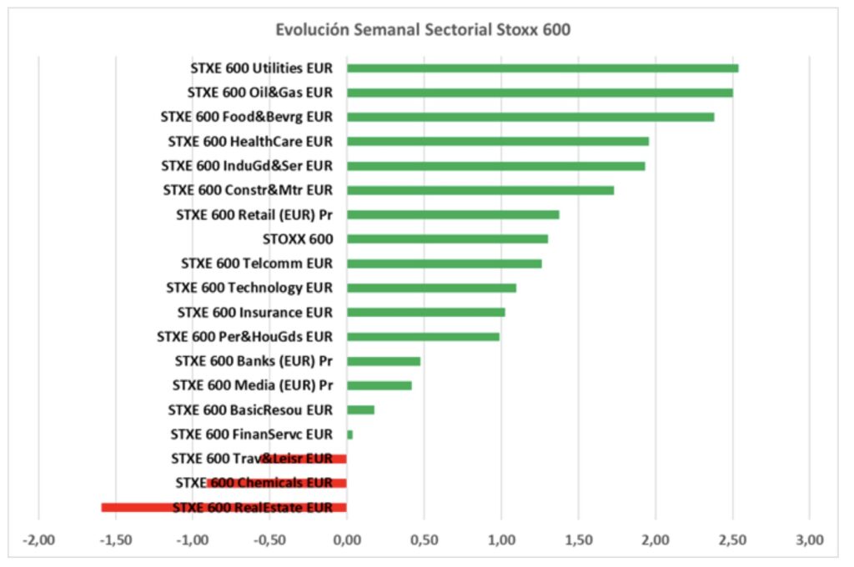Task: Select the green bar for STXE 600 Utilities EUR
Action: (x=542, y=68)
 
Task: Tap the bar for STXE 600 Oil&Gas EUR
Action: (x=540, y=93)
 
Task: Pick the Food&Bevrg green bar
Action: (x=530, y=117)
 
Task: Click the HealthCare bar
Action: (x=498, y=141)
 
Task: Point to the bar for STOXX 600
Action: (x=447, y=238)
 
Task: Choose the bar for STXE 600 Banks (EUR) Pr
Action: (x=383, y=361)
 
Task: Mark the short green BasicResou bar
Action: (x=360, y=409)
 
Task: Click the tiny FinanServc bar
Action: (x=349, y=434)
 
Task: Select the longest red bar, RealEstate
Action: (x=224, y=507)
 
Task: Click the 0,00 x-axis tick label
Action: (x=346, y=539)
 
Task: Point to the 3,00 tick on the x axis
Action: (x=809, y=539)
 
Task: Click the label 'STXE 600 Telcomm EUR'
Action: (x=257, y=263)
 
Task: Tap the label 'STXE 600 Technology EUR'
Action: (x=249, y=288)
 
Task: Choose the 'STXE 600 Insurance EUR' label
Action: (x=255, y=313)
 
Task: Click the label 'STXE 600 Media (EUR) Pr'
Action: (x=253, y=385)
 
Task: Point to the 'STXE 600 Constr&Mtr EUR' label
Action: (x=248, y=190)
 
